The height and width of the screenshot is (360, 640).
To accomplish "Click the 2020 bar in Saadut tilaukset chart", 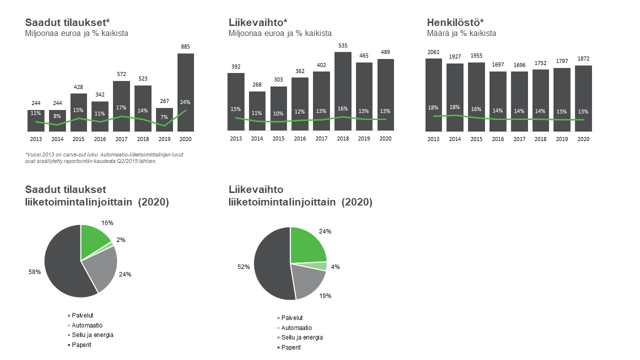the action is [185, 92].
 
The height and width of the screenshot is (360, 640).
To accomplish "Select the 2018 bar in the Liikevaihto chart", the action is [343, 91].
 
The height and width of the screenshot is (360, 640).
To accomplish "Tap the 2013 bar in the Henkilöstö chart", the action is [433, 95].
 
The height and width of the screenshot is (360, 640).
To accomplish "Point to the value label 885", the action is [185, 46].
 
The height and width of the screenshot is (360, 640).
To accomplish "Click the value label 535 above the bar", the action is [343, 45].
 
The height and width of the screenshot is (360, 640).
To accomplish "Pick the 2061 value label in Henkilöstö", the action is [433, 52].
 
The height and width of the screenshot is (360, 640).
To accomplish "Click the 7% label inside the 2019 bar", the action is [164, 117].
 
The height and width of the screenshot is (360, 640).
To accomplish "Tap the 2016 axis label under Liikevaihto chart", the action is [300, 138].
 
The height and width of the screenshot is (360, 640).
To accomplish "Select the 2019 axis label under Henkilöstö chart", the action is [562, 139].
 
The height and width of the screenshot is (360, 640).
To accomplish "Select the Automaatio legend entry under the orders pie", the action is [85, 325].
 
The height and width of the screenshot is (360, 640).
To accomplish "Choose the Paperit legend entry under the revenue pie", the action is [289, 347].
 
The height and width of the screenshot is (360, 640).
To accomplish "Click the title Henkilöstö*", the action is [455, 22].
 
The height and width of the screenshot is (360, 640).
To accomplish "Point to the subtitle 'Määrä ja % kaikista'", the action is [461, 33].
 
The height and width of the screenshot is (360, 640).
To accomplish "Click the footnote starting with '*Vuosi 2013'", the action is [104, 157].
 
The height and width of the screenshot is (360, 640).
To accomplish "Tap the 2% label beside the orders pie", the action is [121, 240].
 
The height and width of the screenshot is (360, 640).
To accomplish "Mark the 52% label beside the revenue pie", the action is [243, 267].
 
